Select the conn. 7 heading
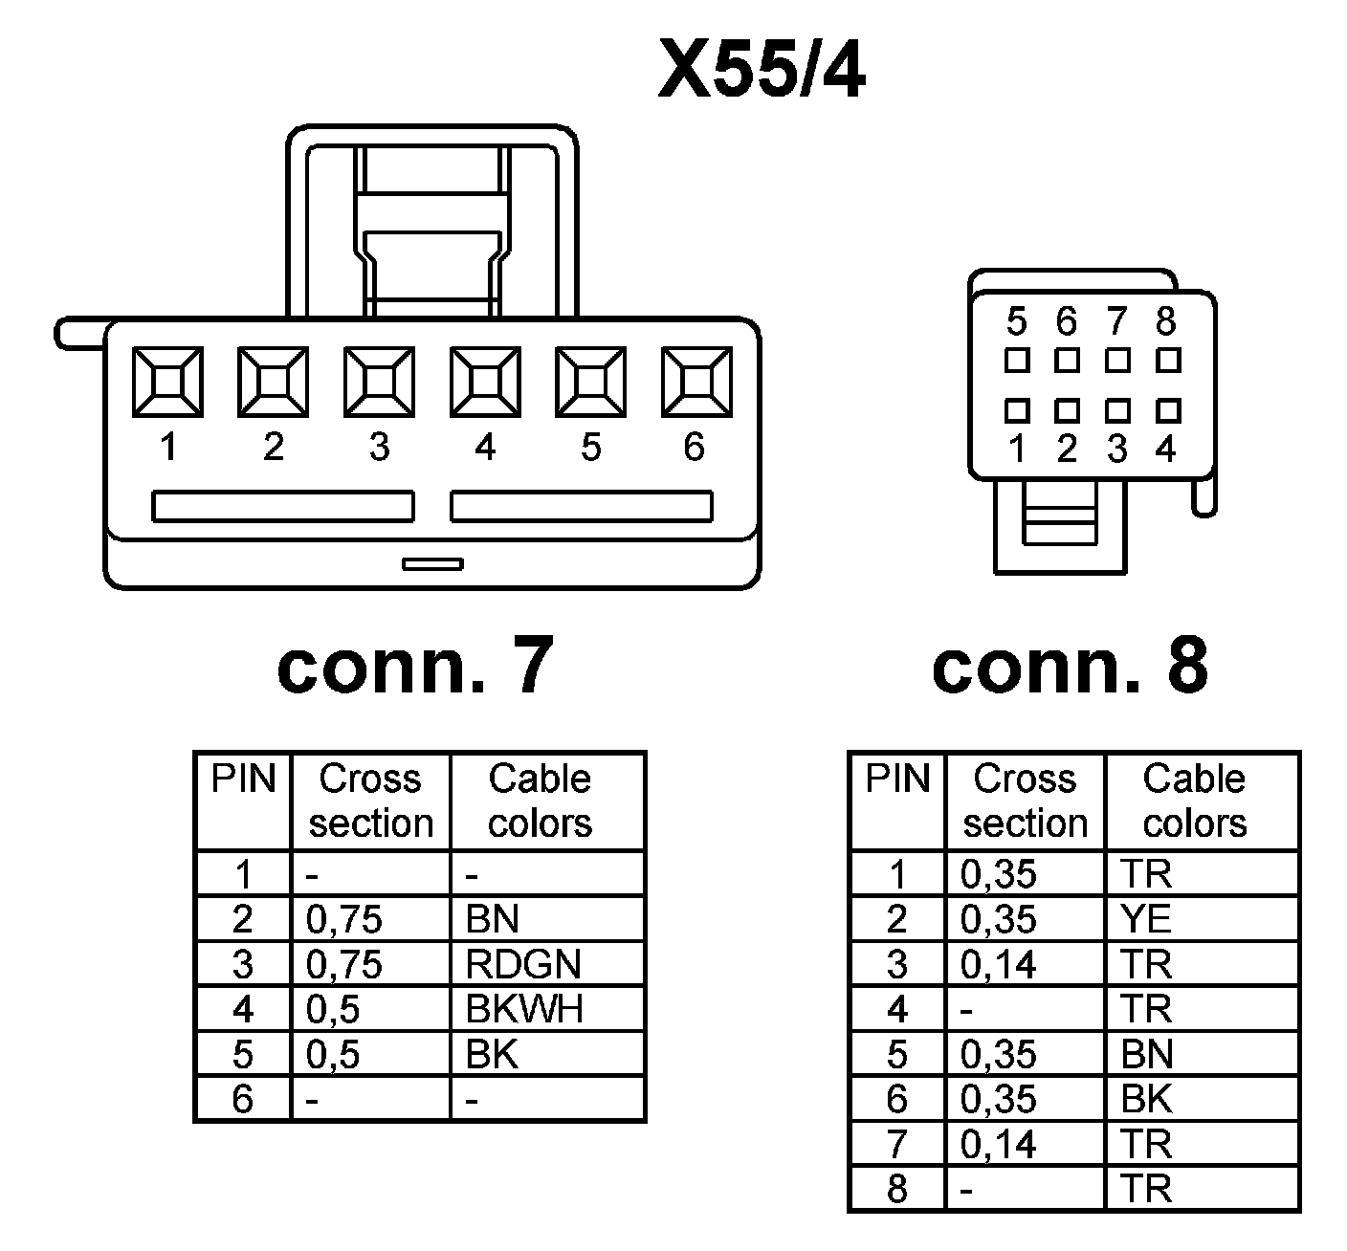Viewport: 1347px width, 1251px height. click(414, 667)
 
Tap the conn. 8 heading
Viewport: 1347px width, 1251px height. click(1069, 667)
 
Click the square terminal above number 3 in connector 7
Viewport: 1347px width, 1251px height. click(380, 382)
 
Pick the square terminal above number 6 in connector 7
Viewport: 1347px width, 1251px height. click(696, 382)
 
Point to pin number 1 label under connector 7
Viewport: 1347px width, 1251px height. click(168, 447)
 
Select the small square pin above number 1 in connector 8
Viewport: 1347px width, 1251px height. click(1017, 411)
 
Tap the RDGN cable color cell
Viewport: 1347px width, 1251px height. click(523, 964)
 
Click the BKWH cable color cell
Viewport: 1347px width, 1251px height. click(524, 1009)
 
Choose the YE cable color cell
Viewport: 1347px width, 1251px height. click(1146, 919)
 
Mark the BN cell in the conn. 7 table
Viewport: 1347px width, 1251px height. click(493, 919)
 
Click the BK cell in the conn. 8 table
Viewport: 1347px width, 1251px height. click(1146, 1099)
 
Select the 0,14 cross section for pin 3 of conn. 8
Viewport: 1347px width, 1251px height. click(999, 964)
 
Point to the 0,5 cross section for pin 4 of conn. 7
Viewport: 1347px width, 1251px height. click(333, 1009)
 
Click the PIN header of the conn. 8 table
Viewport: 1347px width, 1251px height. click(896, 779)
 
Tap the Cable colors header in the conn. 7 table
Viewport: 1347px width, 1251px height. click(541, 801)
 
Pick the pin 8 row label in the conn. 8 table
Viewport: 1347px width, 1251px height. click(896, 1189)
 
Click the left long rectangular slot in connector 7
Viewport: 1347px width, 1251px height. click(283, 506)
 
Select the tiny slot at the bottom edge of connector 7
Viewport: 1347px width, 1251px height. click(432, 563)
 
